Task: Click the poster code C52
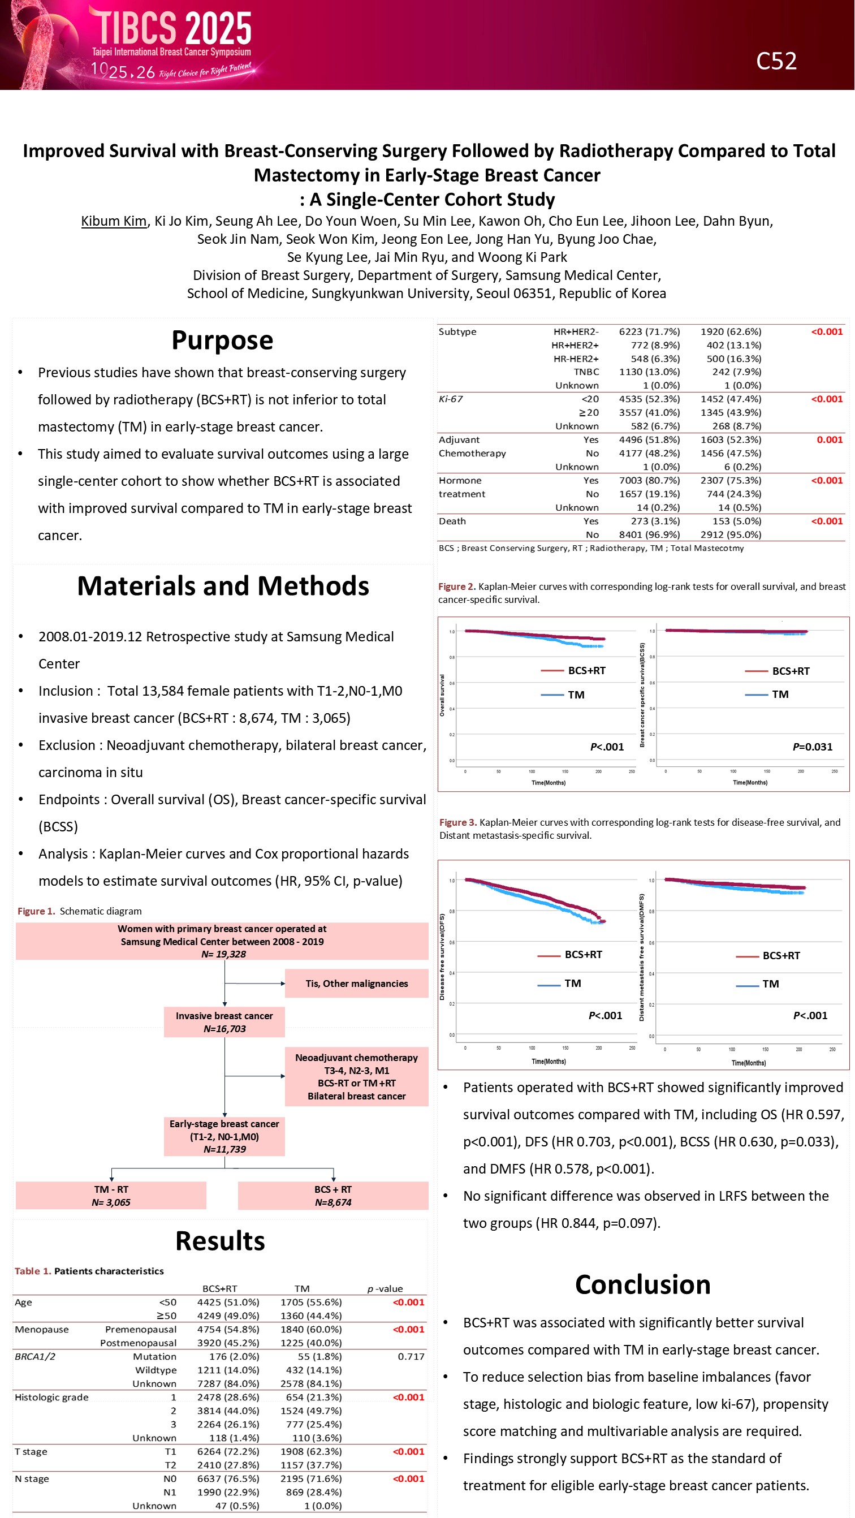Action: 776,61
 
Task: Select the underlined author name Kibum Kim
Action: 114,221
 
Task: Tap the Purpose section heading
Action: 222,340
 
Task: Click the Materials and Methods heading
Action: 223,586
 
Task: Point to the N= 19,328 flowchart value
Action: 223,954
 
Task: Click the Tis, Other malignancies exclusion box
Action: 356,984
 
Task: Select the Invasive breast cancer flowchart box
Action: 224,1022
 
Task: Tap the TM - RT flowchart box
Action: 111,1196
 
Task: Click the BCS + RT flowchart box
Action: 333,1196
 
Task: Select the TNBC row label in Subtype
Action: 586,372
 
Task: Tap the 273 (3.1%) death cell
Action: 650,521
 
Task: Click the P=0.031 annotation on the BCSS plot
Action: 812,747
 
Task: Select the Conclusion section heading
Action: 643,1284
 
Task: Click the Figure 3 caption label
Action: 458,822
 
